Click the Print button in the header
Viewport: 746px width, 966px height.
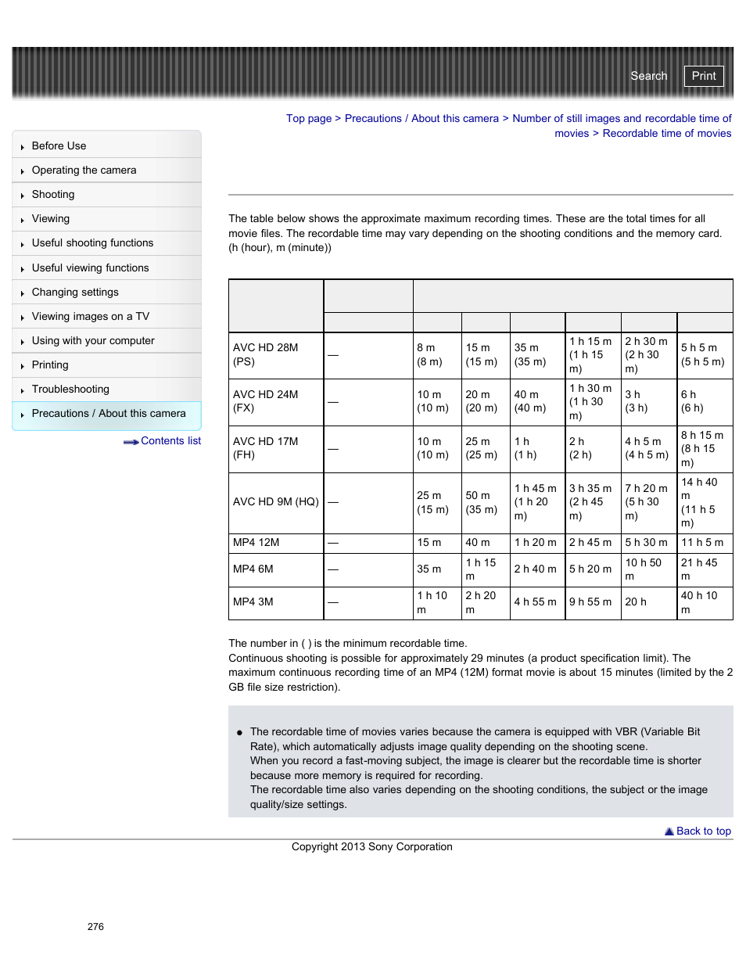703,76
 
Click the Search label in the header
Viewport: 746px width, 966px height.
648,76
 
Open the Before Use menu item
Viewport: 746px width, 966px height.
59,145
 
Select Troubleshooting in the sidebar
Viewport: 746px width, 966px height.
70,389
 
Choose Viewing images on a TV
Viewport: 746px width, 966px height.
90,316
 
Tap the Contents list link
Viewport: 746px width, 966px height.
170,441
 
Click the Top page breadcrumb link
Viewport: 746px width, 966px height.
308,119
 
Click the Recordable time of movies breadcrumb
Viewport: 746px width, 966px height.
666,134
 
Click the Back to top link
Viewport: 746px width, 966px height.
703,831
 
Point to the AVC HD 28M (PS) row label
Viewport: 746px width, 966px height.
266,354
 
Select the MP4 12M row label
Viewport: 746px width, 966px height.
256,542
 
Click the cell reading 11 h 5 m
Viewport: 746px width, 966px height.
702,542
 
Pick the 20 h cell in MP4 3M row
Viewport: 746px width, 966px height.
636,602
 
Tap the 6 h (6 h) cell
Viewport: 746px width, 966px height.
692,401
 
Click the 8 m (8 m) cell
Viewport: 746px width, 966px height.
429,354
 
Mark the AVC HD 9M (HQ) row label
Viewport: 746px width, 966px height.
275,501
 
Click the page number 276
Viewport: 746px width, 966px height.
95,926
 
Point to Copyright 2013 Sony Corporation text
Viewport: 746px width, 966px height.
371,846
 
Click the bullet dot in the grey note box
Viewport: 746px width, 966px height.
239,733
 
